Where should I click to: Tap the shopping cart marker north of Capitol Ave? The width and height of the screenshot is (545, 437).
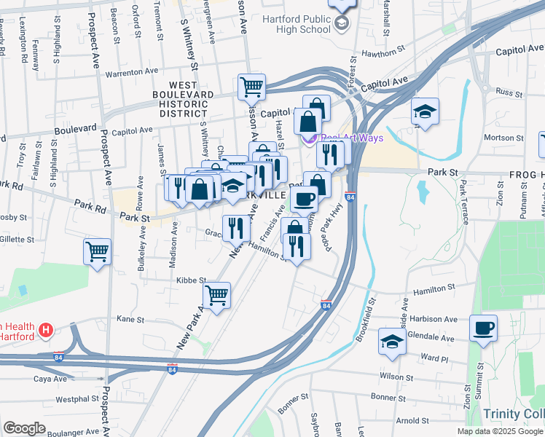pyautogui.click(x=251, y=87)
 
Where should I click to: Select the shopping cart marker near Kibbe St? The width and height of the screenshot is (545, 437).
pyautogui.click(x=216, y=295)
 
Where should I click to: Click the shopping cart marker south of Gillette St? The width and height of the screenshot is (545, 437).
pyautogui.click(x=97, y=252)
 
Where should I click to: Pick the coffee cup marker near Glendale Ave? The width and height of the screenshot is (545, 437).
pyautogui.click(x=483, y=327)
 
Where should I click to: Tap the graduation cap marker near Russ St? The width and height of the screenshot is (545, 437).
pyautogui.click(x=425, y=111)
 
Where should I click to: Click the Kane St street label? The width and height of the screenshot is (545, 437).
pyautogui.click(x=130, y=319)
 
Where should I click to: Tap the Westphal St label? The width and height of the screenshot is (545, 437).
pyautogui.click(x=77, y=398)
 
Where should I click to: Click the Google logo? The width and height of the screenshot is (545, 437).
pyautogui.click(x=24, y=428)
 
